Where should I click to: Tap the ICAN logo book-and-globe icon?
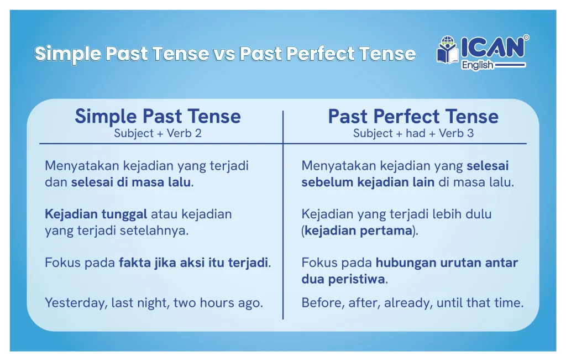[x=448, y=50]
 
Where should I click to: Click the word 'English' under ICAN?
[x=477, y=65]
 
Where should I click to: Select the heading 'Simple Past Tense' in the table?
[x=158, y=116]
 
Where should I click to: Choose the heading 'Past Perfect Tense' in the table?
[x=413, y=116]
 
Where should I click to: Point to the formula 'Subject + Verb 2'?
[x=158, y=133]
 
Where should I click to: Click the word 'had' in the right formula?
[x=415, y=133]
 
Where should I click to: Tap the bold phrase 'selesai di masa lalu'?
[x=130, y=182]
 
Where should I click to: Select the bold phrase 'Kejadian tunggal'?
[x=96, y=214]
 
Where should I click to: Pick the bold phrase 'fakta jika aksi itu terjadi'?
[x=193, y=263]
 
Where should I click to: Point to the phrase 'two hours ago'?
[x=217, y=302]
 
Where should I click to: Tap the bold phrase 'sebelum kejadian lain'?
[x=368, y=182]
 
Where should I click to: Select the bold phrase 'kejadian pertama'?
[x=358, y=231]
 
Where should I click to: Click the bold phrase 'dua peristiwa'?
[x=343, y=279]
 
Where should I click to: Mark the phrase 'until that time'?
[x=480, y=302]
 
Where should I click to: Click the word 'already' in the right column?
[x=408, y=302]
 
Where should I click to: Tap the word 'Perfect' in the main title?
[x=321, y=54]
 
